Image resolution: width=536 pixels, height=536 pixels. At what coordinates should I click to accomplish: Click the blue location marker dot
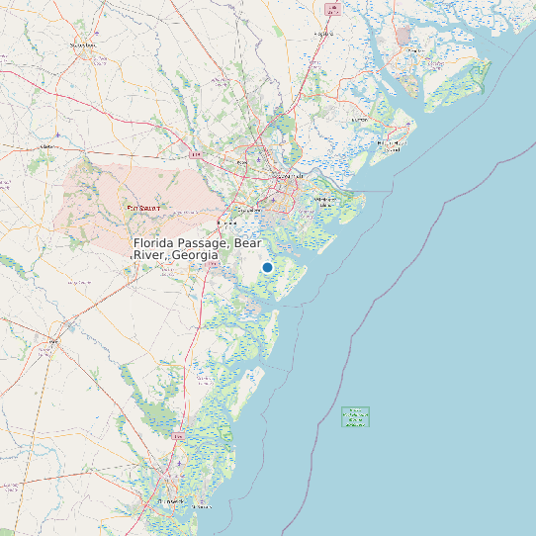click(267, 267)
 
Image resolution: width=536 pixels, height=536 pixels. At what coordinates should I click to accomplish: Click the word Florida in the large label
click(156, 243)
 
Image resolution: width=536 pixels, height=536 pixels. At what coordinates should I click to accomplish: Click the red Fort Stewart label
click(143, 208)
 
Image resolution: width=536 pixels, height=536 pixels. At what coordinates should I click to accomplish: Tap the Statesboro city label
click(82, 45)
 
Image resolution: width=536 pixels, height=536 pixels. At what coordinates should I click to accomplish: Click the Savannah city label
click(288, 176)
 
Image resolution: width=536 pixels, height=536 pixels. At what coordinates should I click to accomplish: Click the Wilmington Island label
click(325, 199)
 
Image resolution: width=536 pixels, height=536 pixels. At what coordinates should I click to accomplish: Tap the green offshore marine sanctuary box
click(355, 417)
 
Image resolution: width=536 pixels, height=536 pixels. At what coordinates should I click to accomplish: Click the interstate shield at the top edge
click(331, 8)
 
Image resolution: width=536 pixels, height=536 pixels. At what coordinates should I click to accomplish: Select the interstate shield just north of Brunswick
click(178, 435)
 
